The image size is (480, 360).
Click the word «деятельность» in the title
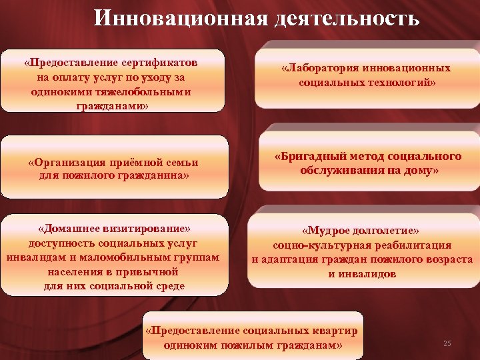[346, 17]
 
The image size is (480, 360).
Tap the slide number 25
[447, 343]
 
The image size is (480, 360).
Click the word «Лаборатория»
[321, 69]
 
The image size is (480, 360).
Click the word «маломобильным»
[133, 257]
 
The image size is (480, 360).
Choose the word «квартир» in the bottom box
[337, 331]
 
